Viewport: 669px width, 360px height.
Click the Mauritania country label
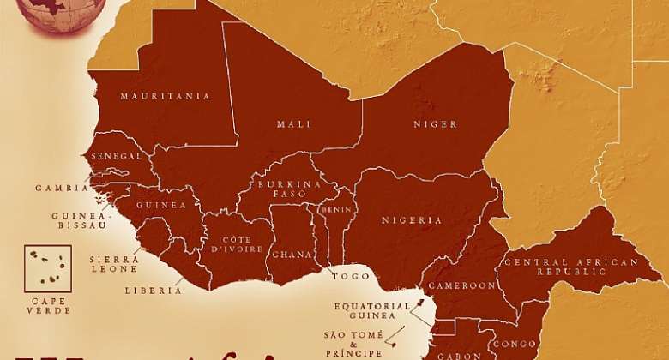coord(166,96)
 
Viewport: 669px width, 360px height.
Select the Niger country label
coord(435,124)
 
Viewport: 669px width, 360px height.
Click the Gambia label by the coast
coord(61,187)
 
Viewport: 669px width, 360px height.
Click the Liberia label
coord(153,291)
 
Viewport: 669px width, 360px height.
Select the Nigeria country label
coord(412,220)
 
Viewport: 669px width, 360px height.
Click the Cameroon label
coord(461,285)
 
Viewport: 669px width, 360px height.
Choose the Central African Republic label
coord(570,267)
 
